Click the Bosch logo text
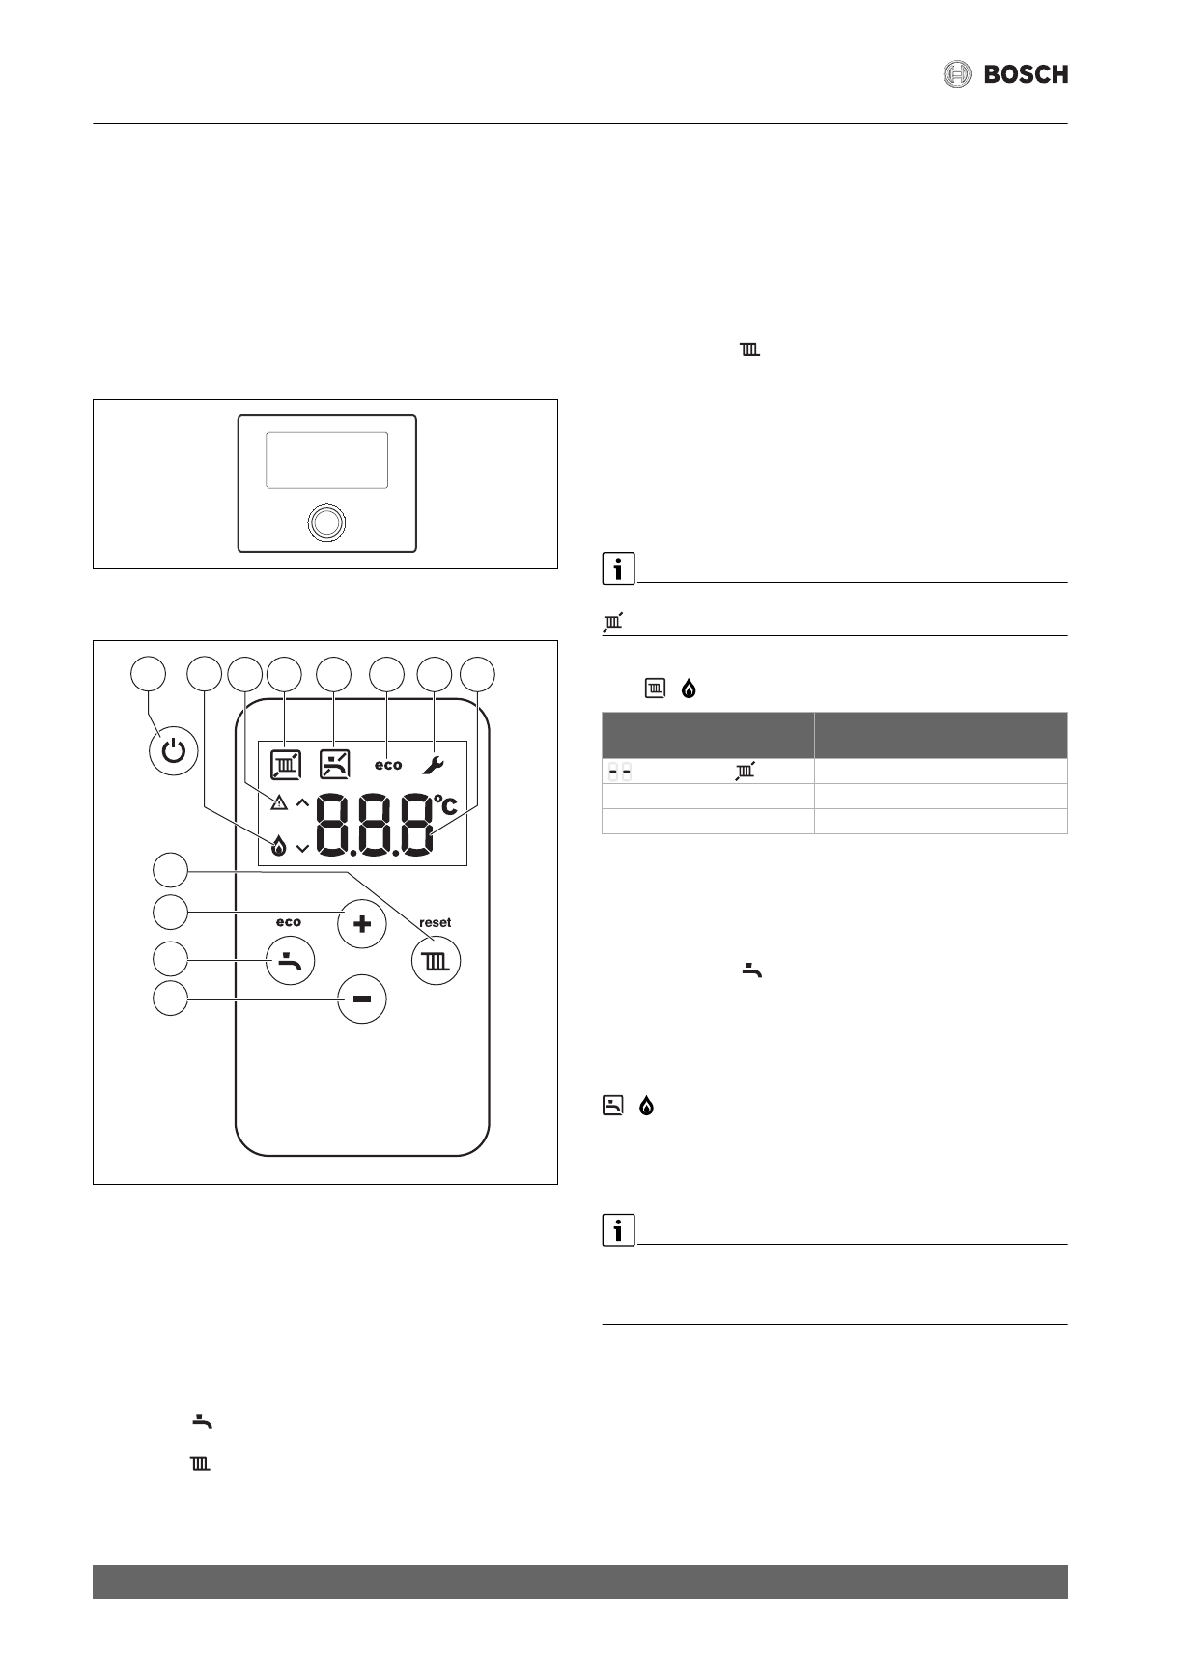pyautogui.click(x=1026, y=74)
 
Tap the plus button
pyautogui.click(x=362, y=924)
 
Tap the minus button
pyautogui.click(x=362, y=998)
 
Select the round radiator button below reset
pyautogui.click(x=437, y=961)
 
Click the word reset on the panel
pyautogui.click(x=436, y=922)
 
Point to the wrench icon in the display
pyautogui.click(x=433, y=765)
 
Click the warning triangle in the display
pyautogui.click(x=279, y=801)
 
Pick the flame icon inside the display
pyautogui.click(x=279, y=847)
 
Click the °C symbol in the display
pyautogui.click(x=445, y=803)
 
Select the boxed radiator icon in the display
pyautogui.click(x=286, y=765)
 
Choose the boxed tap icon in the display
pyautogui.click(x=334, y=765)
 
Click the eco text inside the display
pyautogui.click(x=388, y=765)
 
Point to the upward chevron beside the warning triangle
pyautogui.click(x=302, y=801)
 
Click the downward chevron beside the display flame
pyautogui.click(x=302, y=848)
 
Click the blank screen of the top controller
pyautogui.click(x=326, y=460)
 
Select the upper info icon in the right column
pyautogui.click(x=618, y=570)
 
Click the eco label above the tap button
pyautogui.click(x=289, y=922)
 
